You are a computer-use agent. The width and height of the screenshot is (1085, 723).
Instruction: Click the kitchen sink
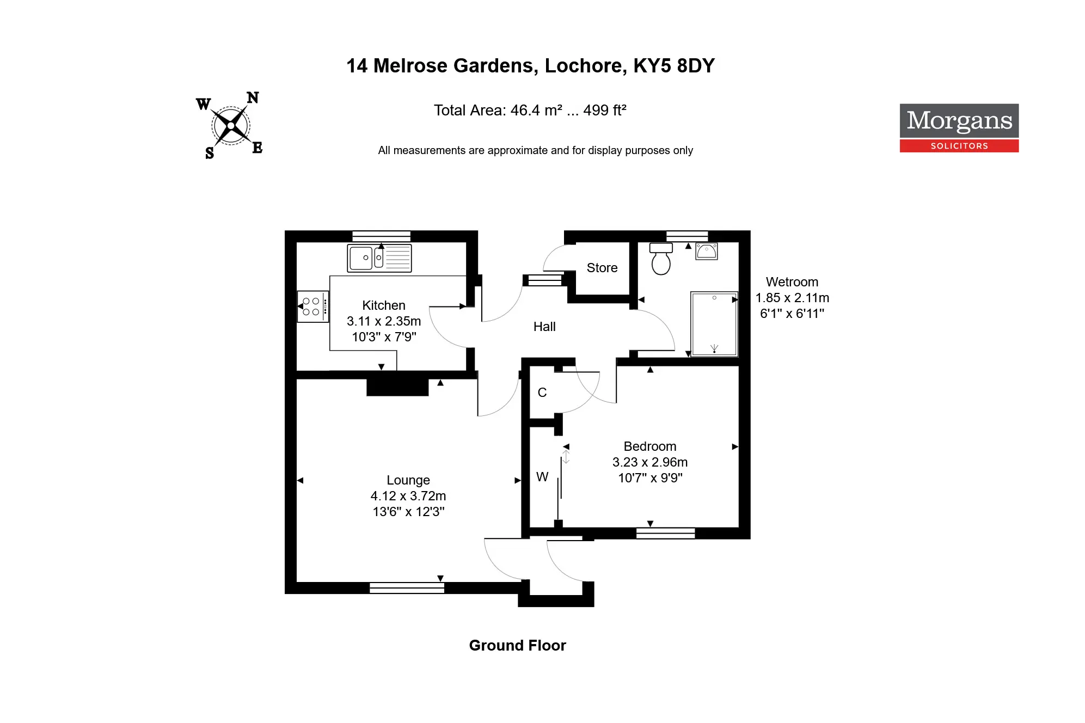pyautogui.click(x=379, y=258)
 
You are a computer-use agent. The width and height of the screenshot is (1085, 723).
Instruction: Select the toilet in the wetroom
pyautogui.click(x=661, y=259)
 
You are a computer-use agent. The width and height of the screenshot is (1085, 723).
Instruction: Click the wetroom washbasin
pyautogui.click(x=707, y=252)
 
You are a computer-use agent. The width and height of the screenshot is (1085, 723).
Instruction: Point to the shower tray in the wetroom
pyautogui.click(x=714, y=324)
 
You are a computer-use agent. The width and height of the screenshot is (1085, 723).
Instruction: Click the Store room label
pyautogui.click(x=602, y=268)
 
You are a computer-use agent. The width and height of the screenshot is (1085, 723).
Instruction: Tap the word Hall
pyautogui.click(x=544, y=327)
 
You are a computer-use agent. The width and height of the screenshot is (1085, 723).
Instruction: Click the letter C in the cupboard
pyautogui.click(x=542, y=393)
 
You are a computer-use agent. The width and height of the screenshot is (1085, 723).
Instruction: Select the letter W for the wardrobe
pyautogui.click(x=542, y=477)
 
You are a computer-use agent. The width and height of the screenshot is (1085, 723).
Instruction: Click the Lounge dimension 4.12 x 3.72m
pyautogui.click(x=408, y=496)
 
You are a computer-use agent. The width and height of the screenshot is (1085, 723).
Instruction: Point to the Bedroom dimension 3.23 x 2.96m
pyautogui.click(x=650, y=462)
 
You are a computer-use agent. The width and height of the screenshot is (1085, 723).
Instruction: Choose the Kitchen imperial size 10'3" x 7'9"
pyautogui.click(x=384, y=337)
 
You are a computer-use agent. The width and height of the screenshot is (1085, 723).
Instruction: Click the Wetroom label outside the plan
pyautogui.click(x=792, y=282)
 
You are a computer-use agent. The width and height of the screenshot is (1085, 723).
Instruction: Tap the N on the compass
pyautogui.click(x=253, y=98)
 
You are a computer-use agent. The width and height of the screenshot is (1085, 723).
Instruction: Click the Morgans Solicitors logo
pyautogui.click(x=959, y=128)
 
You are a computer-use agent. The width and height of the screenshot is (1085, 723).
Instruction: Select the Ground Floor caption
pyautogui.click(x=518, y=646)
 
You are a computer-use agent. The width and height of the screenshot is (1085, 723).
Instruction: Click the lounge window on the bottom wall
pyautogui.click(x=407, y=588)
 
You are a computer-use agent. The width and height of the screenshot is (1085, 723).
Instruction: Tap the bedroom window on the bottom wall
pyautogui.click(x=665, y=533)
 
